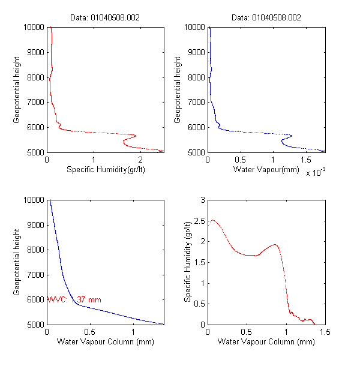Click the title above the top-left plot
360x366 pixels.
click(x=106, y=18)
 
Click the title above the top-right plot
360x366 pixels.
click(x=266, y=18)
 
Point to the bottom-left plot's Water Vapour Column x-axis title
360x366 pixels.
click(x=106, y=343)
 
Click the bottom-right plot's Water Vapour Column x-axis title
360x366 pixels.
click(x=266, y=343)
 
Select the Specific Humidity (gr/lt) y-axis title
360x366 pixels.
click(x=188, y=262)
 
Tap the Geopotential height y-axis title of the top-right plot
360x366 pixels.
click(x=178, y=89)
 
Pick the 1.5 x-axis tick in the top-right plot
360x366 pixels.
click(x=305, y=161)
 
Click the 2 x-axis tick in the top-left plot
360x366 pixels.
click(x=140, y=161)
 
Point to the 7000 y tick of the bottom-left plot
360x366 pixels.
click(x=35, y=274)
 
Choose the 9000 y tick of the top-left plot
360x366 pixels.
click(x=35, y=52)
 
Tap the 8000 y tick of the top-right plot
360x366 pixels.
click(x=195, y=77)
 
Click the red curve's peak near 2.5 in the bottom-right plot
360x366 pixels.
click(x=212, y=220)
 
